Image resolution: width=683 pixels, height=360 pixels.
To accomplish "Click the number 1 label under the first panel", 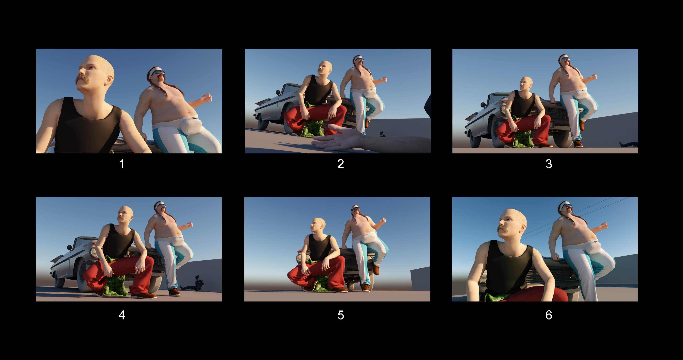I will pos(122,164).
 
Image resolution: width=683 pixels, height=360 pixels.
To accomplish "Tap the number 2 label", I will pos(340,164).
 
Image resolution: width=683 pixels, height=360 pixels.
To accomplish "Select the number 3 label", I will pos(549,164).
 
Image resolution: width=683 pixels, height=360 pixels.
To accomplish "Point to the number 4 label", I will pos(122,315).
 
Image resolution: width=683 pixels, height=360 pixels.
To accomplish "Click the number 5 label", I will pos(340,315).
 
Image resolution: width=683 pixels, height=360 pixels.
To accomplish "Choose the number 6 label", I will pos(549,315).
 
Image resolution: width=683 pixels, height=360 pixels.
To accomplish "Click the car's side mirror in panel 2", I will pos(278,92).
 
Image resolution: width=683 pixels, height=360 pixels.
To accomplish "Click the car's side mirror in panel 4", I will pos(69,248).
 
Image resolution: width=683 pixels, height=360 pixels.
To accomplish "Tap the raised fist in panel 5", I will pos(383,220).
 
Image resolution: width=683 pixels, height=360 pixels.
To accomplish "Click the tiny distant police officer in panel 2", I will pos(382,134).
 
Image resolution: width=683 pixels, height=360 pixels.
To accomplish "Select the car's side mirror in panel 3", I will pos(483,105).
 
